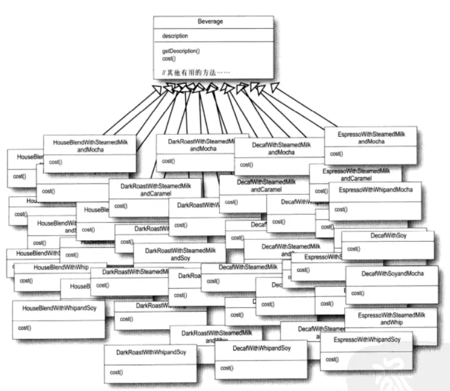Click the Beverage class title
(213, 21)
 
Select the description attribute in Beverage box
(175, 36)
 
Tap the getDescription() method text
(181, 51)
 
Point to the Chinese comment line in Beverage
(196, 72)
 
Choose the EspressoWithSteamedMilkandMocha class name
(371, 138)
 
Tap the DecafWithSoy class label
(388, 236)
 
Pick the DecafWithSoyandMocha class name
(392, 274)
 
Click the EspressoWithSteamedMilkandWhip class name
(391, 318)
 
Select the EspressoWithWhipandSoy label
(367, 340)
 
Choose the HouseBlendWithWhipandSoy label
(59, 308)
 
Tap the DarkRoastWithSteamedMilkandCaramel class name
(156, 189)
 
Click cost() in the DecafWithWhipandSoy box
(226, 368)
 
